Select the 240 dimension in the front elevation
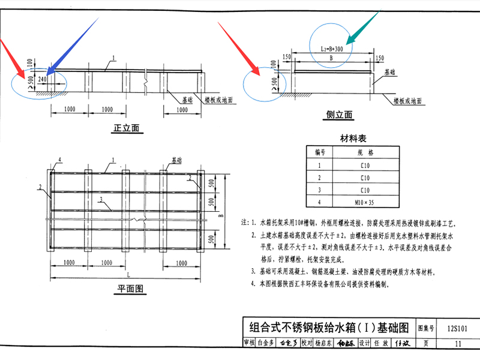coord(42,79)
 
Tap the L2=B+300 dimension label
coord(331,49)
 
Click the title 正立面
coord(126,128)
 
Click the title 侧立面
coord(339,115)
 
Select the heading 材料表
coord(353,137)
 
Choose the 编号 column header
coord(320,152)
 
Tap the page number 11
coord(458,344)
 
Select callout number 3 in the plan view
coord(103,199)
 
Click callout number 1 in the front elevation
coord(112,59)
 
